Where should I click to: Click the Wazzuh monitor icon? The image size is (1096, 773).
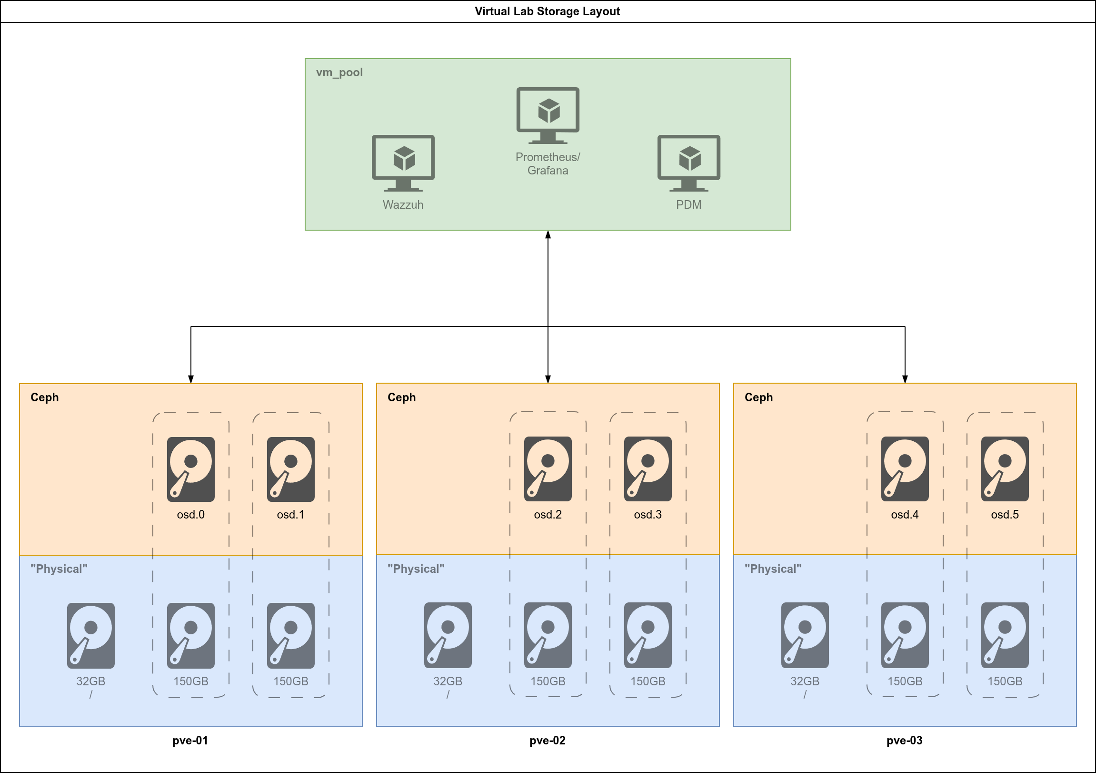tap(403, 163)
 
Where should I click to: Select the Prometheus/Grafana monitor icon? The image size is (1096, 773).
tap(548, 115)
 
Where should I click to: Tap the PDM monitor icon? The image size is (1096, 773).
tap(688, 163)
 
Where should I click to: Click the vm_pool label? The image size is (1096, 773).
tap(339, 72)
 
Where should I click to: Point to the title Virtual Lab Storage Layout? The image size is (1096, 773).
tap(547, 11)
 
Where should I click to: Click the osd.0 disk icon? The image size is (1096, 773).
tap(190, 469)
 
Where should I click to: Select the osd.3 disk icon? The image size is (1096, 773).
tap(648, 468)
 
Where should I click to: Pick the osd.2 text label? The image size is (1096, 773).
tap(548, 515)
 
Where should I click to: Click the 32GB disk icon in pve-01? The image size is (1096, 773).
tap(90, 635)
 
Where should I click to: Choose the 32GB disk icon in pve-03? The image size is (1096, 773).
tap(804, 635)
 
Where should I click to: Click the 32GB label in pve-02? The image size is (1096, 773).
tap(447, 681)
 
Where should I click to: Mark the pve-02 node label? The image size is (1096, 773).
tap(547, 741)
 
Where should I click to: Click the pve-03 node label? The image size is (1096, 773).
tap(904, 741)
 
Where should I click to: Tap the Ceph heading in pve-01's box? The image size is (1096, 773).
tap(44, 397)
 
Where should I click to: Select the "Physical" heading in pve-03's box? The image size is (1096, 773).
tap(772, 569)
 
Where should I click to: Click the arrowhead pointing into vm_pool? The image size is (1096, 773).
tap(548, 234)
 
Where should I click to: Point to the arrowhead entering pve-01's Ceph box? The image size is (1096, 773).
tap(190, 379)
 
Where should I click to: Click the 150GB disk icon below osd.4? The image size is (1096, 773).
tap(905, 635)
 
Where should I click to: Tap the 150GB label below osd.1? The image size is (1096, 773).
tap(290, 681)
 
